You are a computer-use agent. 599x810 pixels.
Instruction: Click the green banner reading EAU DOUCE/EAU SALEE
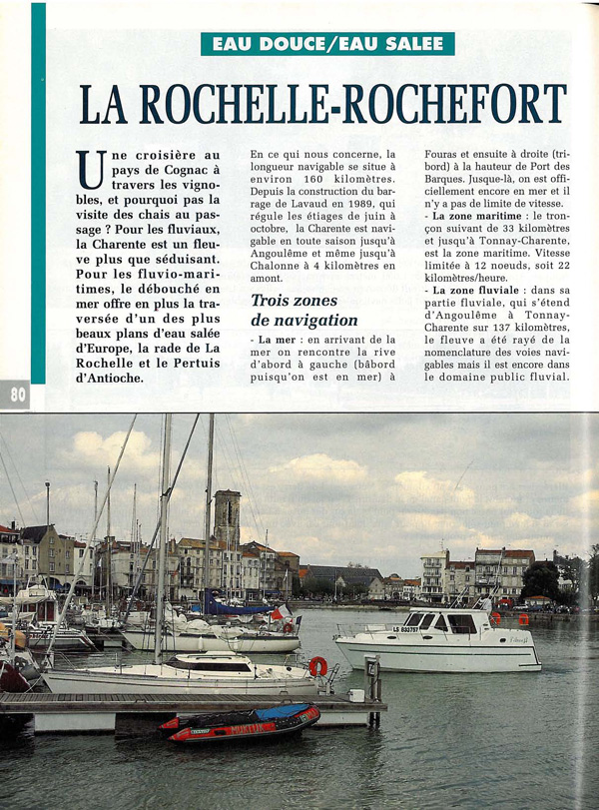coord(327,44)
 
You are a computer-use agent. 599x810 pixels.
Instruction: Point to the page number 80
coord(18,395)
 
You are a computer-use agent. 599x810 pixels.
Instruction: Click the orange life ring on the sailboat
coord(317,665)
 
